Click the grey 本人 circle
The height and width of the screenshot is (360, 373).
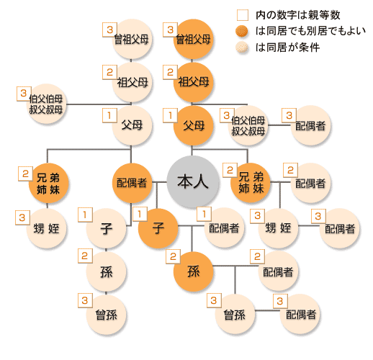coord(193,181)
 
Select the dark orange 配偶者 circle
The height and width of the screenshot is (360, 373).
coord(132,183)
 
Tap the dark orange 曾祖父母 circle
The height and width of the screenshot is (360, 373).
coord(193,39)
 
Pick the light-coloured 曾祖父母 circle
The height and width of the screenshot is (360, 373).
coord(132,39)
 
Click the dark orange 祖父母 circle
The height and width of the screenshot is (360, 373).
coord(193,82)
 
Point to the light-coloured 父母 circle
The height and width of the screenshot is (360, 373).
coord(132,125)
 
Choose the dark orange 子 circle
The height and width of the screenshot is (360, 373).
coord(158,228)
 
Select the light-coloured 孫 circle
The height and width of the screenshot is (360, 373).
coord(106,271)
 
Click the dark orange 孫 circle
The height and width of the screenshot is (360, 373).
coord(193,271)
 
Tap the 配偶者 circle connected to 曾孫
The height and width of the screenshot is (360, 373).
coord(300,315)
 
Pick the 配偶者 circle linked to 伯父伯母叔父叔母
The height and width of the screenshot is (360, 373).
coord(310,125)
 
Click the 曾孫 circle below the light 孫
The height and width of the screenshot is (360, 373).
coord(106,315)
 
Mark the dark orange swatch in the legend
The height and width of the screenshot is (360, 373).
coord(242,31)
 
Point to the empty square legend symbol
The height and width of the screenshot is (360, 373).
coord(243,15)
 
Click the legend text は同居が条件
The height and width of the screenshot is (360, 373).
coord(287,48)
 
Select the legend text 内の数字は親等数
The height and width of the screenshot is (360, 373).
coord(297,15)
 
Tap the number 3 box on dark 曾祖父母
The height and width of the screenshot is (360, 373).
coord(170,30)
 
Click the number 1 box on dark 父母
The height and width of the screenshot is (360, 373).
coord(170,115)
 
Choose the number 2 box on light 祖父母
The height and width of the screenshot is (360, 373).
coord(109,72)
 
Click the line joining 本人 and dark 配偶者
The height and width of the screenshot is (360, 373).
coord(159,182)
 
